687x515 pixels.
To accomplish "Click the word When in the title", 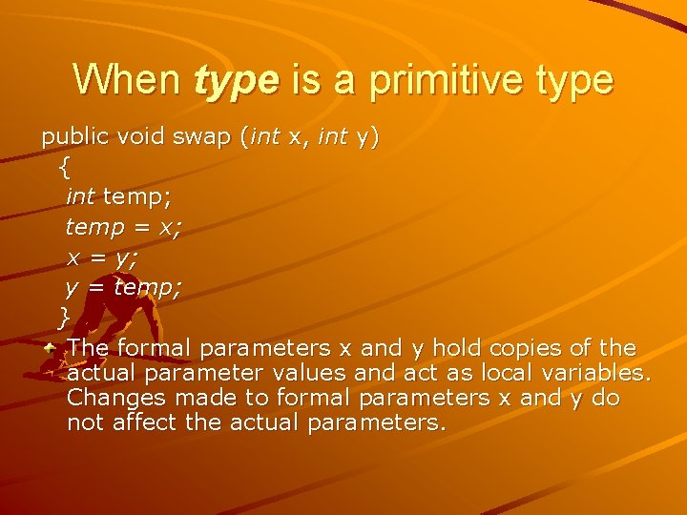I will pyautogui.click(x=127, y=79).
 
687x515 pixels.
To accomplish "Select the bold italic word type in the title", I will pyautogui.click(x=237, y=80).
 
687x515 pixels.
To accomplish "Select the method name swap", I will pyautogui.click(x=201, y=137).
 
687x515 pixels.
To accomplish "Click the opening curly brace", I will pyautogui.click(x=64, y=167).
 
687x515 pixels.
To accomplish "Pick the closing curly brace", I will pyautogui.click(x=64, y=316).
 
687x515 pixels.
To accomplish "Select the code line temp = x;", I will pyautogui.click(x=124, y=227).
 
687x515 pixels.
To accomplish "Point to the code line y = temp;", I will pyautogui.click(x=123, y=286).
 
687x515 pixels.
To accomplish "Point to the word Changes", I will pyautogui.click(x=107, y=397).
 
